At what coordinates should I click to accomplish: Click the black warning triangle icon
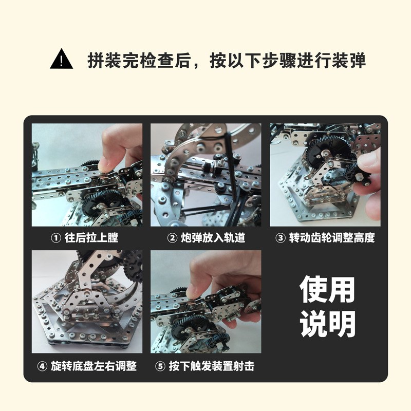pyautogui.click(x=62, y=60)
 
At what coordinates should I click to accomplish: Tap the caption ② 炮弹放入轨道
pyautogui.click(x=206, y=238)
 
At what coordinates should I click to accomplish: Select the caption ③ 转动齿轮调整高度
pyautogui.click(x=325, y=238)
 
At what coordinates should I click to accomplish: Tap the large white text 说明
pyautogui.click(x=327, y=324)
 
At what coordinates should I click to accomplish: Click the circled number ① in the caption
pyautogui.click(x=55, y=238)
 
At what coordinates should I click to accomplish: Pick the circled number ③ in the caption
pyautogui.click(x=281, y=238)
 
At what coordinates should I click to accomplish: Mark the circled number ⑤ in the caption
pyautogui.click(x=160, y=366)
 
